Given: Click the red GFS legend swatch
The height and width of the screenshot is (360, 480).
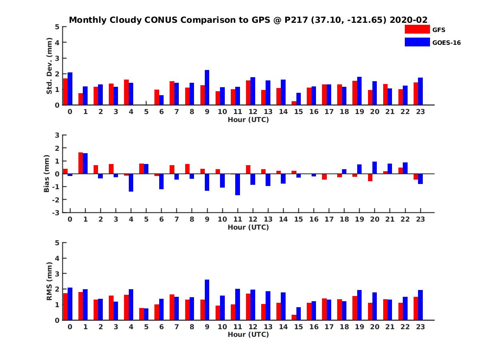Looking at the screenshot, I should [417, 29].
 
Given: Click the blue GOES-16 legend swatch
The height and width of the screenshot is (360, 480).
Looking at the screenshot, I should [417, 42].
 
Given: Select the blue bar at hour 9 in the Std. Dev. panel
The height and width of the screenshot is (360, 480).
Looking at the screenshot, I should [207, 88].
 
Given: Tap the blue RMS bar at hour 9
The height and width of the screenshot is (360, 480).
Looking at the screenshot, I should [207, 300].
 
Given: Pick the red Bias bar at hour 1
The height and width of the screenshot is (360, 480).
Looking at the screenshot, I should [80, 163].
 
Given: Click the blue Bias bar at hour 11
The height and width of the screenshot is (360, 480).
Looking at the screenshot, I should [237, 184].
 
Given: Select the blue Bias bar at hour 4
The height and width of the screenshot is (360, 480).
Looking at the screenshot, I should [131, 183].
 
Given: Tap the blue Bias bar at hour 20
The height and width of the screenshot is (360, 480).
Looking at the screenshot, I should [374, 168].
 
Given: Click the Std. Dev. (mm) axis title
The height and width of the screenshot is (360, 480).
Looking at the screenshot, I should [50, 66].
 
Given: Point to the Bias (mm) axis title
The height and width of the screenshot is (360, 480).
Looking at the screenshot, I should [46, 174].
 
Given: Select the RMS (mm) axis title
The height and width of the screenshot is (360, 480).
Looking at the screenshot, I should [50, 281].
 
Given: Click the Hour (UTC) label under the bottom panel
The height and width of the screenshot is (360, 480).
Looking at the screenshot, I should [248, 334].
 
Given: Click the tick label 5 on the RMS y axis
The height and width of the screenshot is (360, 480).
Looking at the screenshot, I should [57, 243].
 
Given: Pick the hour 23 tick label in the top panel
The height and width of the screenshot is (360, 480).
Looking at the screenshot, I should [420, 112].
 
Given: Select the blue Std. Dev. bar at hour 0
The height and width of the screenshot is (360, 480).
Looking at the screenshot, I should [70, 89].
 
